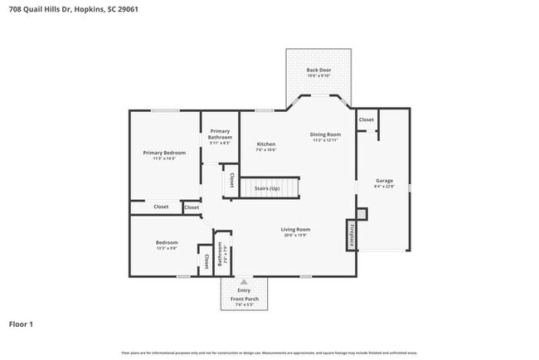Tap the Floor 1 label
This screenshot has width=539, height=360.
click(21, 324)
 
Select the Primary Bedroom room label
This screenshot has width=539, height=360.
click(163, 153)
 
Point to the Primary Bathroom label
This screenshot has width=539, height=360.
click(220, 134)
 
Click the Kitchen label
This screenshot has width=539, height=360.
click(265, 144)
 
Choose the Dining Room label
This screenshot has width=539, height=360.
click(326, 134)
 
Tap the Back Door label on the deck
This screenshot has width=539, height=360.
click(318, 71)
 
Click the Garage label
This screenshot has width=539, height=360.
click(384, 180)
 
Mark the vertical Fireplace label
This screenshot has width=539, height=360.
click(352, 235)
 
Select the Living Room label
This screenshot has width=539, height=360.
click(294, 229)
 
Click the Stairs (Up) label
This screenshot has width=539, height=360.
click(266, 189)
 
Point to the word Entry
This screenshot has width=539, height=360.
click(244, 290)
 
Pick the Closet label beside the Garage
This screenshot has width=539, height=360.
click(366, 119)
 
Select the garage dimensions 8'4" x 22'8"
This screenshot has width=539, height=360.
click(384, 187)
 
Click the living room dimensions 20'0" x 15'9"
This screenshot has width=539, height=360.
click(294, 236)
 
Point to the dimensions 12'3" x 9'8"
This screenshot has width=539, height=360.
click(166, 248)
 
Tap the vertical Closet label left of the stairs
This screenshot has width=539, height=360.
click(231, 180)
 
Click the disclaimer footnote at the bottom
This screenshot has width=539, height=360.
click(269, 353)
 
